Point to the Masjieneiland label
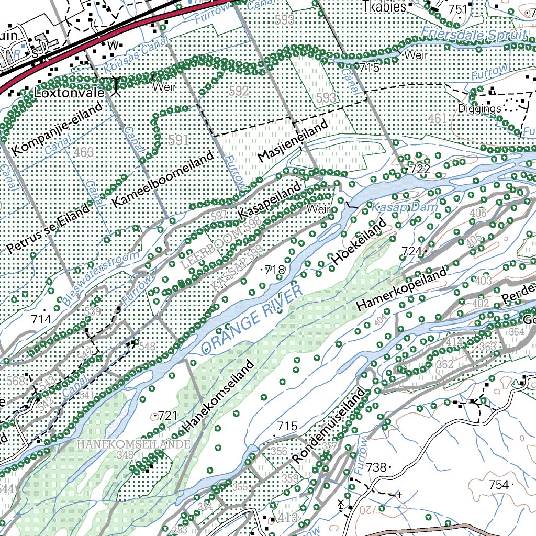[x=293, y=141]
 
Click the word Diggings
[x=479, y=109]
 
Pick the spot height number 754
[x=498, y=485]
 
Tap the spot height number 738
[x=375, y=467]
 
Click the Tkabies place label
[x=384, y=7]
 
